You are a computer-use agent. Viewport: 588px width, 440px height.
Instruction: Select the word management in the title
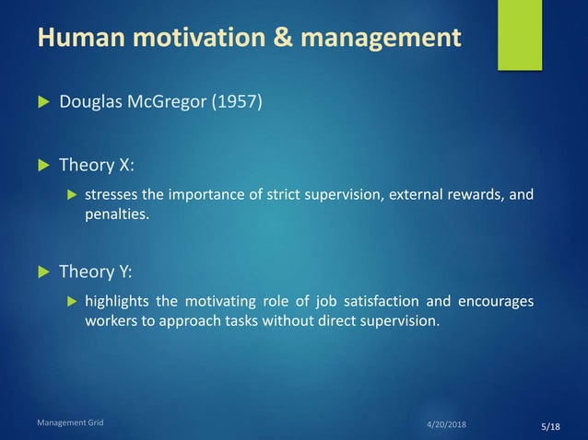[378, 39]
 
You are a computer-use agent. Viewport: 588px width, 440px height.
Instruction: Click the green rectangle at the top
[519, 35]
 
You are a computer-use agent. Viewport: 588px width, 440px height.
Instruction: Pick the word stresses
[112, 195]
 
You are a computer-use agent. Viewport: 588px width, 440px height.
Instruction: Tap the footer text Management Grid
[70, 423]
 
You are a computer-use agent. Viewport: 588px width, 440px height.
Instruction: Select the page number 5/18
[550, 427]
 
